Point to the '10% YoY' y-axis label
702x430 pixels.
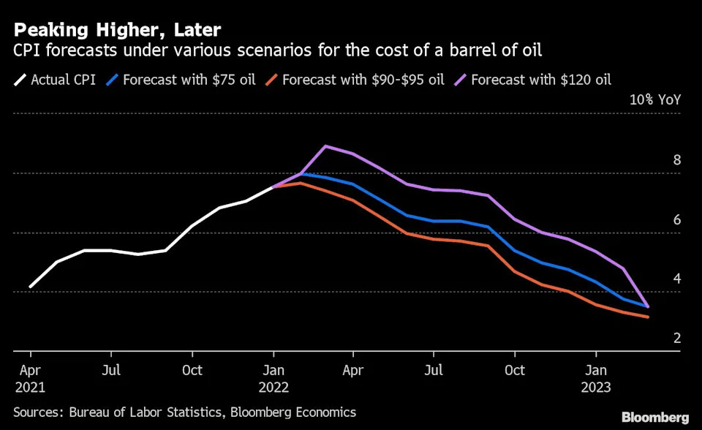(x=655, y=100)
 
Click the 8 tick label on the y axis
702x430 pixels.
(x=677, y=160)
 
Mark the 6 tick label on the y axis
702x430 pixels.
(x=677, y=220)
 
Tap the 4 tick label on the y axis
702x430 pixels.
(x=677, y=279)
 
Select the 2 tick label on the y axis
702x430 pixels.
(x=677, y=339)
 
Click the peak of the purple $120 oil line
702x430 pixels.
(x=326, y=146)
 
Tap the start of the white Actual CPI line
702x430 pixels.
(x=30, y=287)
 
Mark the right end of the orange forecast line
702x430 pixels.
(x=648, y=317)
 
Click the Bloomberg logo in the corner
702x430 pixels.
(x=655, y=417)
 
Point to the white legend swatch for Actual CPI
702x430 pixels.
(x=20, y=79)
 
